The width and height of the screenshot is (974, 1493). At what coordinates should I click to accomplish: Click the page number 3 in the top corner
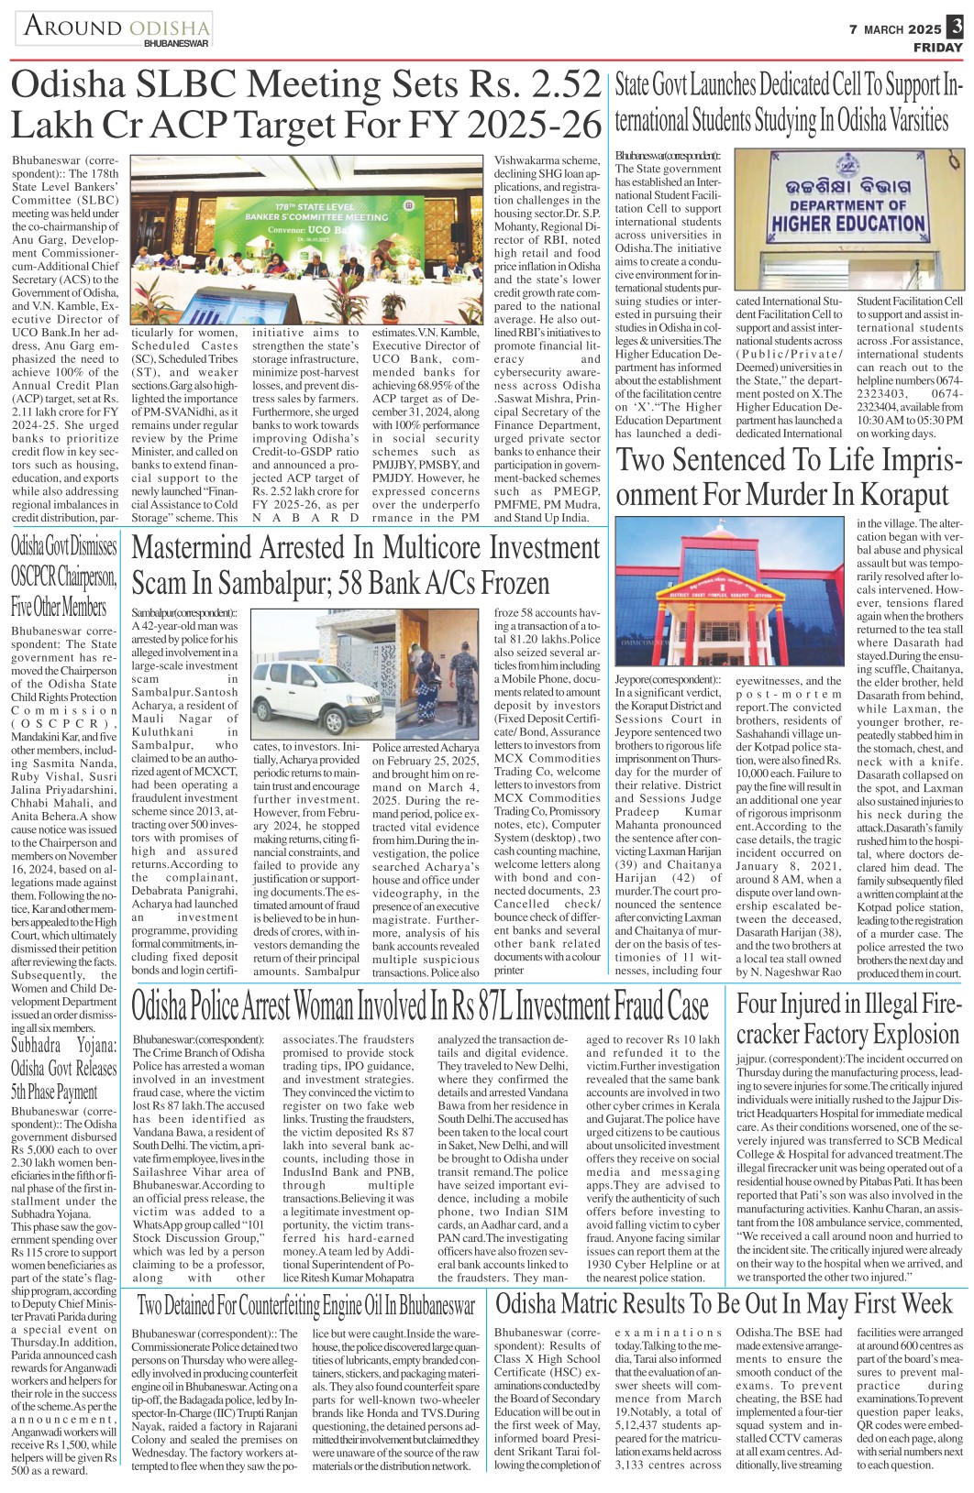tap(956, 27)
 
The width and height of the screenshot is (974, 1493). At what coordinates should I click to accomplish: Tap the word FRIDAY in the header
tap(936, 48)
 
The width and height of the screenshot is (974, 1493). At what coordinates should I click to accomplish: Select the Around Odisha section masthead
tap(115, 27)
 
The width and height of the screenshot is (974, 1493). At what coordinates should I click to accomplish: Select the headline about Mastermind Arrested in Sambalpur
tap(366, 565)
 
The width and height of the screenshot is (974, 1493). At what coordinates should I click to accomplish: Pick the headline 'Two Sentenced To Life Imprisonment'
tap(782, 477)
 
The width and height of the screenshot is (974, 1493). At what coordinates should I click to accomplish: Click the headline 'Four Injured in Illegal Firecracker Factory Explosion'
tap(848, 1019)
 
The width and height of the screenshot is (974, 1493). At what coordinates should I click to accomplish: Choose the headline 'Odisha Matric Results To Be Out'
tap(725, 1303)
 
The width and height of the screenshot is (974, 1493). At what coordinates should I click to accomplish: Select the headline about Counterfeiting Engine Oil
tap(305, 1305)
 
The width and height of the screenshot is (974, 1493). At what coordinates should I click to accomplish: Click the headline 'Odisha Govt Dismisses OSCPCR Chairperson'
tap(64, 576)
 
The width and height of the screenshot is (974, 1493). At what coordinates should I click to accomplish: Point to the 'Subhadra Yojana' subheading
tap(64, 1068)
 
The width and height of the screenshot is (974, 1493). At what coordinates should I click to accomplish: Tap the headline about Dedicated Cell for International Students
tap(788, 103)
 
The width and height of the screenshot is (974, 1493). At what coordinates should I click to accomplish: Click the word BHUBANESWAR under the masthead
tap(176, 43)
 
